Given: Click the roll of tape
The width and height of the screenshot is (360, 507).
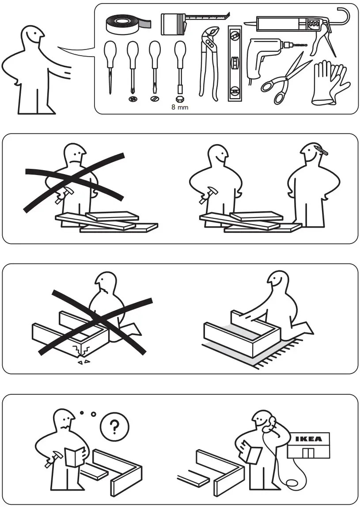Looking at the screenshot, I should pyautogui.click(x=126, y=24).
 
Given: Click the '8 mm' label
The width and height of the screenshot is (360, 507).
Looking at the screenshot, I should pyautogui.click(x=179, y=107).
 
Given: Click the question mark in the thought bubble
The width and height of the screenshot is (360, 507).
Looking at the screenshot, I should pyautogui.click(x=114, y=427).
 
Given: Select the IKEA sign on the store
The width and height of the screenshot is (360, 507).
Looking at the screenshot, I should pyautogui.click(x=308, y=439).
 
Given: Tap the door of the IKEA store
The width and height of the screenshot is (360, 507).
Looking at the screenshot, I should pyautogui.click(x=308, y=453).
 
